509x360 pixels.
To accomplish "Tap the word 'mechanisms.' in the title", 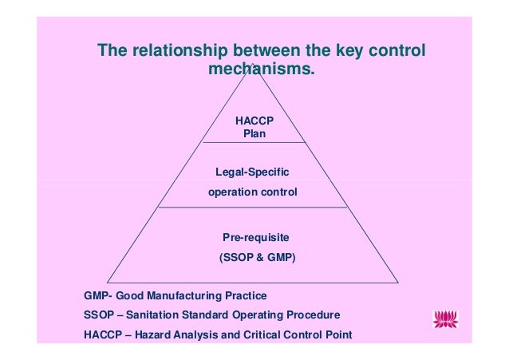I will (x=261, y=70).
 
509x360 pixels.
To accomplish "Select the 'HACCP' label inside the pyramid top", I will (x=254, y=120).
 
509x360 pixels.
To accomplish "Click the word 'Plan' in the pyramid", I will (x=254, y=133).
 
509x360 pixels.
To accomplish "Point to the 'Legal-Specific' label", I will (x=252, y=172).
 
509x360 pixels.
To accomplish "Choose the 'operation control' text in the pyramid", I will (x=252, y=192).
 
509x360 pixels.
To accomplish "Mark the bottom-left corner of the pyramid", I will (x=107, y=282).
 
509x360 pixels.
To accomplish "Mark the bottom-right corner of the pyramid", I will (x=398, y=282).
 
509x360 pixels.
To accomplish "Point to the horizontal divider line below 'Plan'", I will (x=253, y=142).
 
